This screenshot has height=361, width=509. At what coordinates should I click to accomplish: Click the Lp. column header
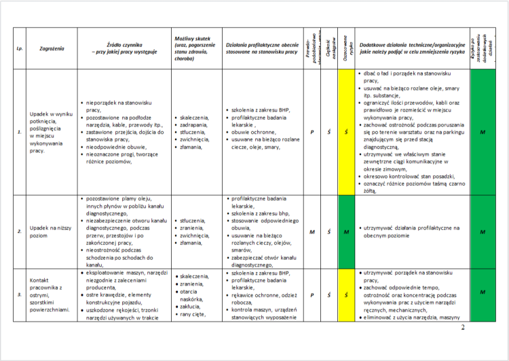tap(19, 49)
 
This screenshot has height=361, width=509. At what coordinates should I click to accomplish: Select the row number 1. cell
tap(19, 132)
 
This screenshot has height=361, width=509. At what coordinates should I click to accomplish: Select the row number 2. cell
tap(19, 232)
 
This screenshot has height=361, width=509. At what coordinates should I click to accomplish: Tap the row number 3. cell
tap(19, 293)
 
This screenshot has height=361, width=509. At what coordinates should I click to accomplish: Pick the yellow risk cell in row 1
tap(346, 132)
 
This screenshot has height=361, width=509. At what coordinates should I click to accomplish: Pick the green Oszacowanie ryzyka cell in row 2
tap(346, 232)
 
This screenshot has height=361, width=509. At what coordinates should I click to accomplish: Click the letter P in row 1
tap(312, 132)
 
